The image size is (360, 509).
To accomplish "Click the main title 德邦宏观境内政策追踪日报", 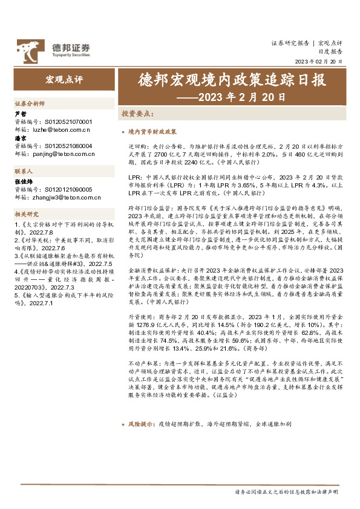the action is click(232, 80).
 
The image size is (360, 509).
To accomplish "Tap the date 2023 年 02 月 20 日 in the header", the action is click(318, 62).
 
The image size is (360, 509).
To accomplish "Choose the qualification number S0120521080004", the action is click(70, 146).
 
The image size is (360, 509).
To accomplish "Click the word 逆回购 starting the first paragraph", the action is click(136, 147).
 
